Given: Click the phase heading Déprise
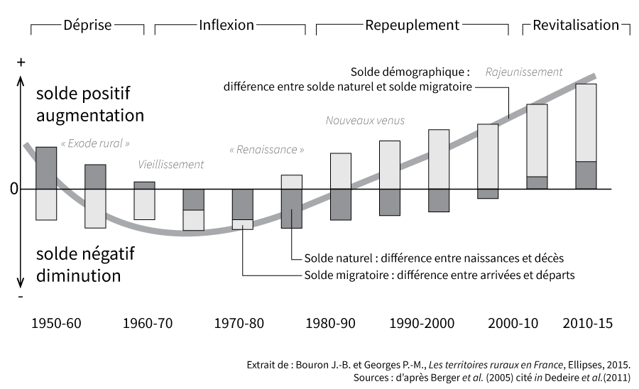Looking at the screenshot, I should coord(87,26).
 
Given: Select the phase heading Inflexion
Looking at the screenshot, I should coord(226,25).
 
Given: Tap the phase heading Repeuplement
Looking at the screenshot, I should coord(413,26).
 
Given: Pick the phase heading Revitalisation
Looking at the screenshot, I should coord(576,26).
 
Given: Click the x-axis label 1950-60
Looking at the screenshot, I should coord(57,324).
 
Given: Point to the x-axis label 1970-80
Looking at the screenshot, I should coord(239,324).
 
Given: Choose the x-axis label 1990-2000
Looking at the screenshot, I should coord(422,324).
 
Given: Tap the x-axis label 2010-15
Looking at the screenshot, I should coord(586,324).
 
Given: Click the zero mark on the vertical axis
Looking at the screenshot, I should coord(13,190).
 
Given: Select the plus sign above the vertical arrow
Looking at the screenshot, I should coord(21,62).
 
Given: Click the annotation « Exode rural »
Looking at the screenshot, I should coord(95,143).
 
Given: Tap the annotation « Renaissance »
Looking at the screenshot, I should coord(267,150).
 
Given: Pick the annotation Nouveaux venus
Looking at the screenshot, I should coord(365,121).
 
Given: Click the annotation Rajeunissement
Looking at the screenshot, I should coord(524,72).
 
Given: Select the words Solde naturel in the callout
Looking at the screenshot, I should coord(336,258).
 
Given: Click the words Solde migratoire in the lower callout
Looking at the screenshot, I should coord(346,275).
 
